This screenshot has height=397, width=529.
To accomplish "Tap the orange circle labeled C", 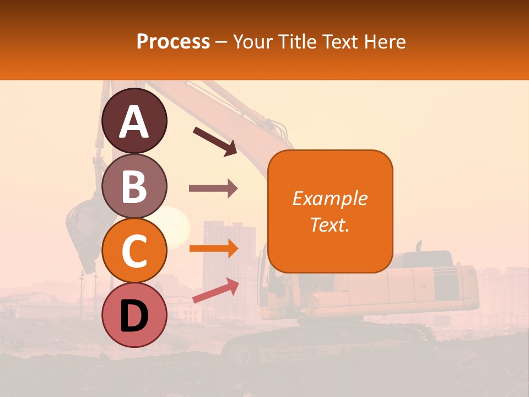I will pos(134,251).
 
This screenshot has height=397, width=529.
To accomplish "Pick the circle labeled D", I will pos(134,315).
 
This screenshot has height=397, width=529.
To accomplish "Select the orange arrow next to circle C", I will pos(213,248).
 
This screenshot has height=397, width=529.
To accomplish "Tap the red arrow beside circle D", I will pos(215,290).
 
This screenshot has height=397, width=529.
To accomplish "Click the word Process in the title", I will pos(173,41).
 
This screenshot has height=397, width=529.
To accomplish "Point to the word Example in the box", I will pos(330,198).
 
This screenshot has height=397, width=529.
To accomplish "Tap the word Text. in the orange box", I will pos(330,224).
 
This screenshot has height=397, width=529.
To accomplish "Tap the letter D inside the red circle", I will pos(134,316).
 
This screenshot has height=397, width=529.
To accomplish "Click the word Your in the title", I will pos(251,41).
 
